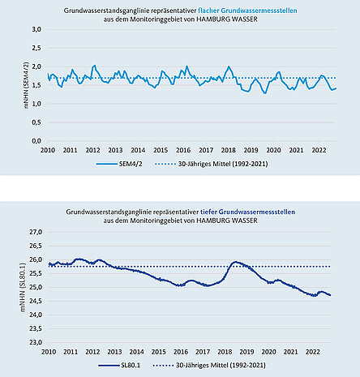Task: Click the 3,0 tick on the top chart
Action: click(x=36, y=29)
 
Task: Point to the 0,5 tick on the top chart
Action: click(x=36, y=122)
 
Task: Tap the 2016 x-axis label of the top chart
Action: click(x=183, y=150)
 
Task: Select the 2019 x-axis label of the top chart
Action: click(x=251, y=150)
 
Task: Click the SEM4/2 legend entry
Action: click(x=119, y=164)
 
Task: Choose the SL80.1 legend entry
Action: click(x=119, y=366)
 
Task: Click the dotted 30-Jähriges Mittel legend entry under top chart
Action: click(x=212, y=164)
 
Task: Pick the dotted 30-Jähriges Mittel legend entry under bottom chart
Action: click(x=209, y=366)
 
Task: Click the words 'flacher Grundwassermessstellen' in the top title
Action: click(x=247, y=11)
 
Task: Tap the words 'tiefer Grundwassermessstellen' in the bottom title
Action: click(x=247, y=212)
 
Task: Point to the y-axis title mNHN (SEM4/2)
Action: click(x=26, y=85)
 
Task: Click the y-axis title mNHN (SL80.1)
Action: click(x=23, y=287)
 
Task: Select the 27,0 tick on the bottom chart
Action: click(x=36, y=232)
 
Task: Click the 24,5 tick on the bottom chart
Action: click(x=36, y=301)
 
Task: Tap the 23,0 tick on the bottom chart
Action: click(x=36, y=342)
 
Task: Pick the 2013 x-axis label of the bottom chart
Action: click(x=114, y=352)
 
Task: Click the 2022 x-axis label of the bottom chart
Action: click(x=313, y=352)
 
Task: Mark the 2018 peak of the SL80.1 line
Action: click(x=235, y=262)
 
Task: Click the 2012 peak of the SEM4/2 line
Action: click(x=94, y=65)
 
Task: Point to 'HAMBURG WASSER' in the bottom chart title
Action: click(x=226, y=221)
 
